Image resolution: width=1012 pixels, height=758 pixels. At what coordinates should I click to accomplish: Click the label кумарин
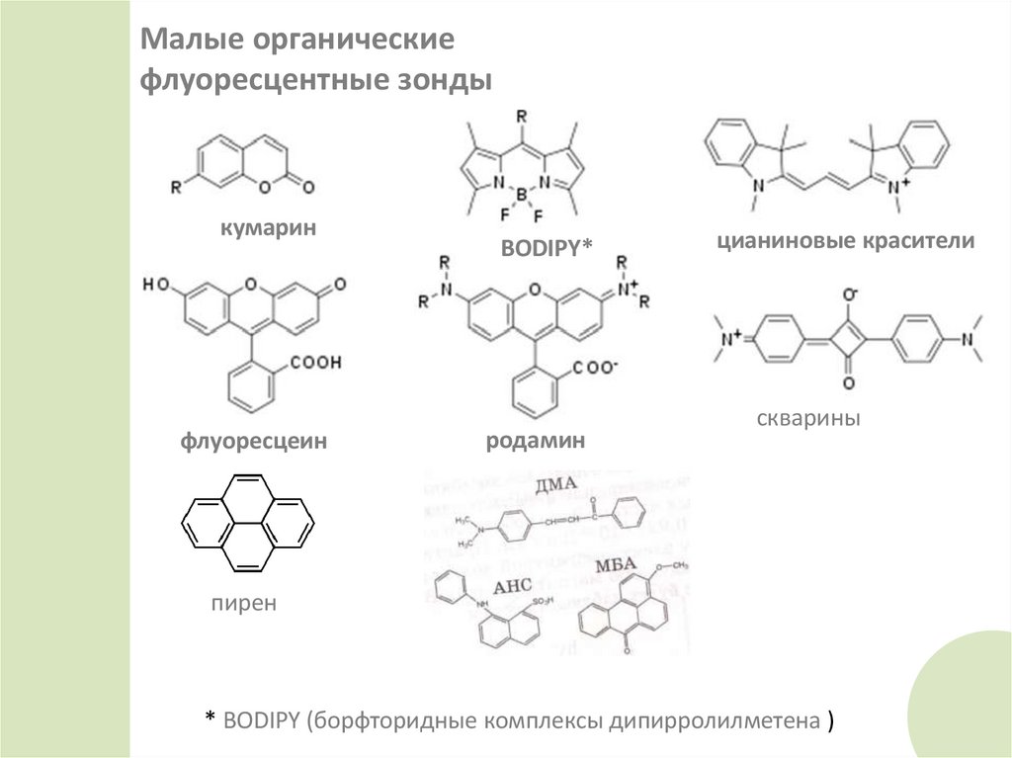[x=267, y=229]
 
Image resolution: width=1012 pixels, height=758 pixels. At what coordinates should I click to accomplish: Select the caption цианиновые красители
[x=847, y=240]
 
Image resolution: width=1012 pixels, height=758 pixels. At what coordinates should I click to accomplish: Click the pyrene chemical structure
[x=246, y=523]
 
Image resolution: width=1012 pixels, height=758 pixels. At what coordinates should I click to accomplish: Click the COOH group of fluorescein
[x=314, y=363]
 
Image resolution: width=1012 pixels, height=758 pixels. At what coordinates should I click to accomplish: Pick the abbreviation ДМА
[x=552, y=486]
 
